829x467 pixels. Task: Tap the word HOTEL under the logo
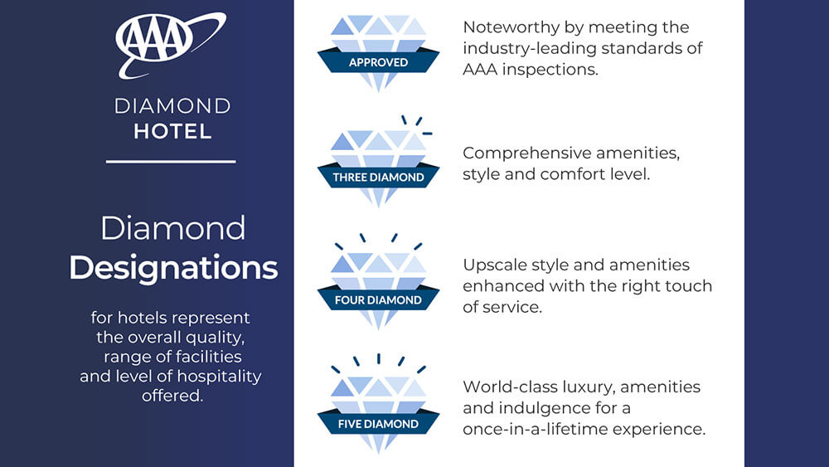point(172,132)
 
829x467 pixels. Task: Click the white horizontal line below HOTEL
point(171,162)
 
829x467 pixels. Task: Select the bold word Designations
point(173,268)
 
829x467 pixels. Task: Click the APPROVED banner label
point(378,62)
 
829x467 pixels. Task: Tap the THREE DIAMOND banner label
point(378,177)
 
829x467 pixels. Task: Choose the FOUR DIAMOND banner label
point(378,300)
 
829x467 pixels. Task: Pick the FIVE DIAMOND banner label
point(378,424)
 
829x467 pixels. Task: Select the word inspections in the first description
point(550,70)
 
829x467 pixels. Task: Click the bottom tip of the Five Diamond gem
point(378,453)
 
